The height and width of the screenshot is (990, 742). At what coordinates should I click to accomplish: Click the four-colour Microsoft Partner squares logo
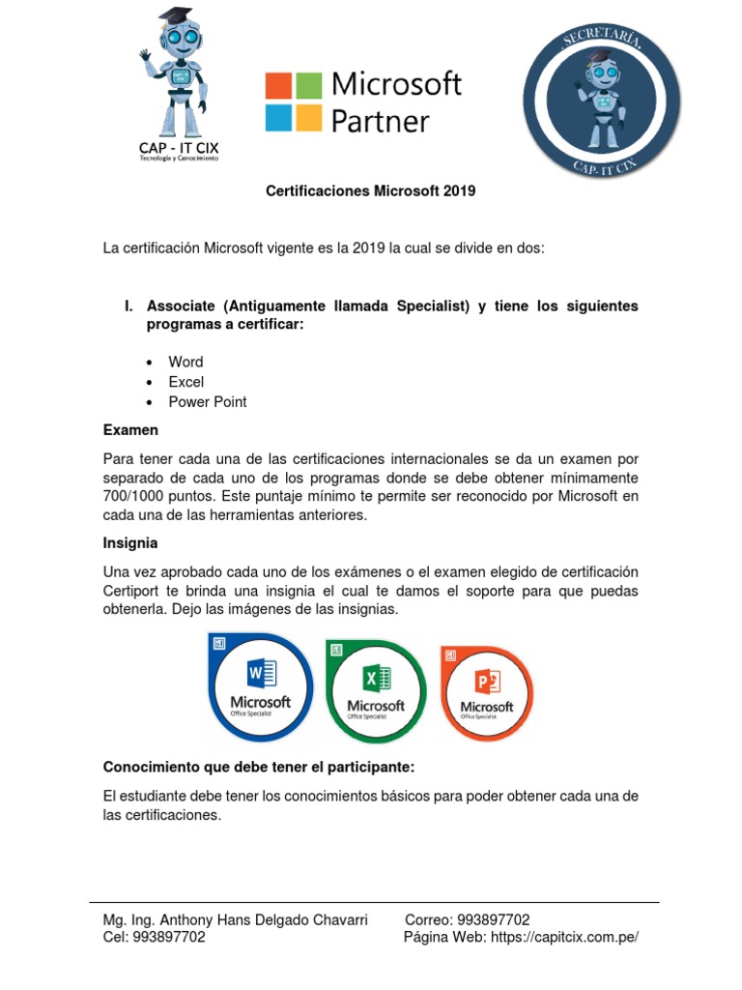294,102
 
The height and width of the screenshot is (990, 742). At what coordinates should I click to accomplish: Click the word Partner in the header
380,121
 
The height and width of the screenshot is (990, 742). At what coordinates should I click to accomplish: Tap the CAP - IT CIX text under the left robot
180,147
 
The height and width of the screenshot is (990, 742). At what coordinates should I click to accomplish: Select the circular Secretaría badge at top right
601,102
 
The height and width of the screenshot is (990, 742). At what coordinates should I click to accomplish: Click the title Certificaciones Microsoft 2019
371,191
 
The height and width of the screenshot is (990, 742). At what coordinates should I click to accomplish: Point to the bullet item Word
185,362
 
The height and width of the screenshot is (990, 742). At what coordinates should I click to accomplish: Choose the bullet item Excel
185,382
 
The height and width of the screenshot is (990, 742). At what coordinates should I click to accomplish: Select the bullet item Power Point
207,402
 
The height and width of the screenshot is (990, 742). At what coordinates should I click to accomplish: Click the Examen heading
130,429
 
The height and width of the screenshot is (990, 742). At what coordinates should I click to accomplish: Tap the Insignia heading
130,543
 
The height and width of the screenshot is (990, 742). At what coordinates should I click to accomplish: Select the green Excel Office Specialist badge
376,690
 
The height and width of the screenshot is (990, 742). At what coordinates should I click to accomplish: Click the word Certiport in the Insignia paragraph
134,591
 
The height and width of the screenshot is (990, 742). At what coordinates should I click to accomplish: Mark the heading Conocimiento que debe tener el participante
258,768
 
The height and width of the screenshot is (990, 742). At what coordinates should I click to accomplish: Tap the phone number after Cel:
168,937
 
